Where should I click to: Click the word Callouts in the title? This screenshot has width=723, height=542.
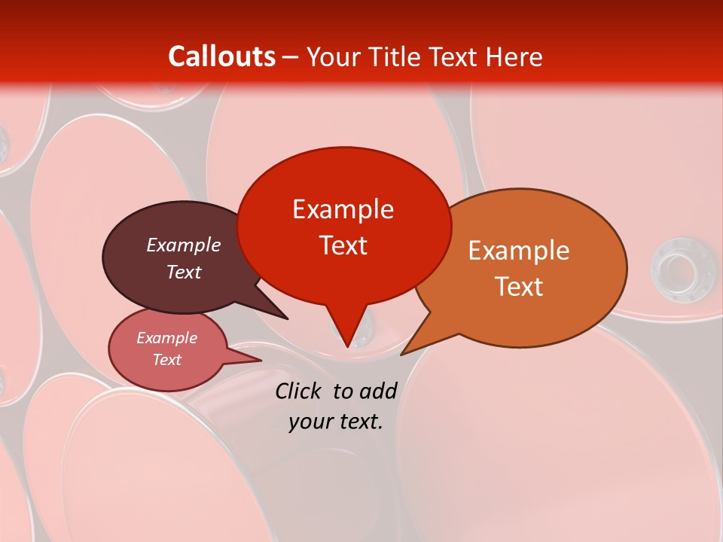point(221,56)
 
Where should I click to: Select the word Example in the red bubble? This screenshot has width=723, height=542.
point(343,209)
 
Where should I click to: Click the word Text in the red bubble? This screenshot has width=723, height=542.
point(343,245)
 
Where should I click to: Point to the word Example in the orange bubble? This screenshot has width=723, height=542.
point(519,251)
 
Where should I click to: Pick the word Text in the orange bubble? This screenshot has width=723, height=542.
point(519,287)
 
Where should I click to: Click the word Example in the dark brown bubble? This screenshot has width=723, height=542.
point(184,245)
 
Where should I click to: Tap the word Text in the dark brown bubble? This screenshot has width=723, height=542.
point(184,272)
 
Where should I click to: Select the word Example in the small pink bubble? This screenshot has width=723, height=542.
point(166,338)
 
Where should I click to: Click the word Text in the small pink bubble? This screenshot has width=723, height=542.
point(166,360)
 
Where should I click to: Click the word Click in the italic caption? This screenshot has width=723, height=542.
point(299,391)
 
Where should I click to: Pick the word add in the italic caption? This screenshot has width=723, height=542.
point(378,391)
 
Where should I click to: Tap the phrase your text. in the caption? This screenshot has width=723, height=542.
point(336,422)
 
